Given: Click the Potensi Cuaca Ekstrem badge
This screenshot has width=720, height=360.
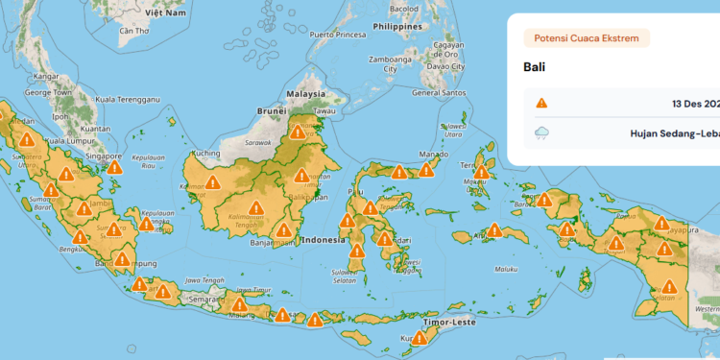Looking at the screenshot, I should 586,38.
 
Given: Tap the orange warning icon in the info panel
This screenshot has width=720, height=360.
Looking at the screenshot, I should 542,103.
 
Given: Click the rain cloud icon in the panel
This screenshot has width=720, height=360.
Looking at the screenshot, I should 542,134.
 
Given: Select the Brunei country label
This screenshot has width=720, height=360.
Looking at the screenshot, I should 272,111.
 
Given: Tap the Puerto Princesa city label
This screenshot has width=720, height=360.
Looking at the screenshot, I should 336,35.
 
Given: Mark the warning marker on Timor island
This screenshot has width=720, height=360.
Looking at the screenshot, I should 420,337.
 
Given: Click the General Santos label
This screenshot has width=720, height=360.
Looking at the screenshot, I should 438,93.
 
